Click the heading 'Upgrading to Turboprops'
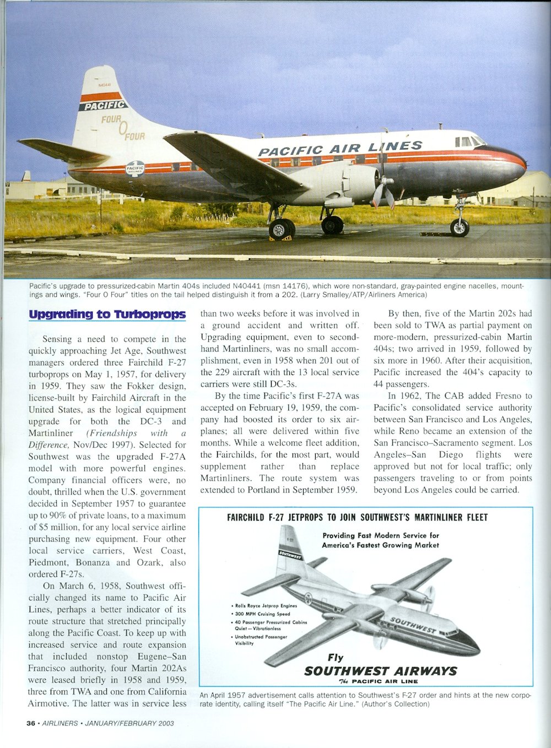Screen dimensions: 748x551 [x=107, y=315]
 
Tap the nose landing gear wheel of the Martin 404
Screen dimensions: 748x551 [x=460, y=227]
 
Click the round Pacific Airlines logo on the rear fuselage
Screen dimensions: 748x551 [x=135, y=169]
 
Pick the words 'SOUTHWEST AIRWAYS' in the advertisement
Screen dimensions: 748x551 [x=380, y=671]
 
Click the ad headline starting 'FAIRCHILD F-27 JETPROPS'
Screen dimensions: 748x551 [x=356, y=517]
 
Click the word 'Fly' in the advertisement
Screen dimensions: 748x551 [x=335, y=657]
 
